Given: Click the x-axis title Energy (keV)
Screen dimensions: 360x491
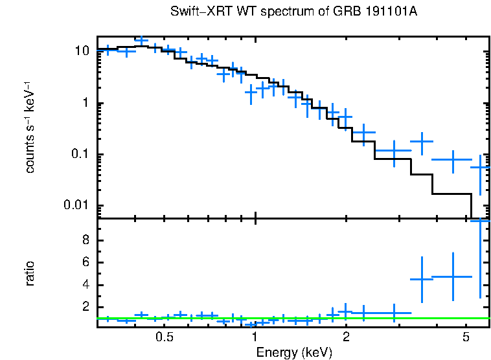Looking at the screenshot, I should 294,353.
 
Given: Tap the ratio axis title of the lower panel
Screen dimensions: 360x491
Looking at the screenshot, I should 30,273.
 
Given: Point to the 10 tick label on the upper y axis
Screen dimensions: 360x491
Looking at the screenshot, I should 82,51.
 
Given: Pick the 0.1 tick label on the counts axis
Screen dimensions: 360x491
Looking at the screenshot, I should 80,155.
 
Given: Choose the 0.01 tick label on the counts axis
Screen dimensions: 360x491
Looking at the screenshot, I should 77,206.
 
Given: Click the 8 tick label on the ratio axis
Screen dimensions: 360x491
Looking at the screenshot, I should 86,240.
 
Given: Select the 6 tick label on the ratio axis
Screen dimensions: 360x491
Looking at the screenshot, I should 86,263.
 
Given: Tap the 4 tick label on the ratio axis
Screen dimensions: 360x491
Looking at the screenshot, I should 86,285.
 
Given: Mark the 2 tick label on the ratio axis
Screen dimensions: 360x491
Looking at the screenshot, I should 86,308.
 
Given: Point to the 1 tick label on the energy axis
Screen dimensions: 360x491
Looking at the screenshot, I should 255,337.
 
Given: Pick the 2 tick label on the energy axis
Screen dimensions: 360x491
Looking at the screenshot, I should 346,337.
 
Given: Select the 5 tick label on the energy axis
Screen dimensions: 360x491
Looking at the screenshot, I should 466,337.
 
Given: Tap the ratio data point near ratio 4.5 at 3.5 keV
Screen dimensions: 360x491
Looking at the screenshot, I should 422,279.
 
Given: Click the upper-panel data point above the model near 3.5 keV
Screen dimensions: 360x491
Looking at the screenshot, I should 422,141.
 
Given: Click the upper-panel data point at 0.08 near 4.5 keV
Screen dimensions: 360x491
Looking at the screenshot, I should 452,159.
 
